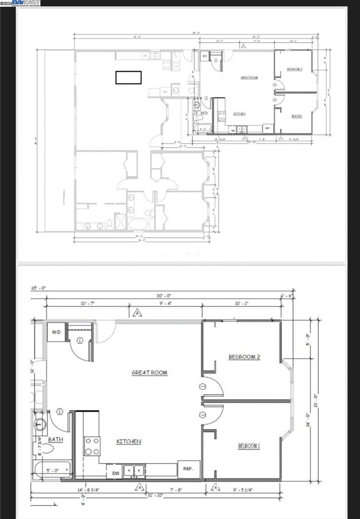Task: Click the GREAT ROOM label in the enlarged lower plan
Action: tap(150, 373)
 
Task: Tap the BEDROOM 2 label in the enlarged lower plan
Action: tap(244, 357)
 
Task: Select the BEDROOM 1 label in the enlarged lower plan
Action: tap(249, 446)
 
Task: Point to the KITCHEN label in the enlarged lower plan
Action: tap(129, 441)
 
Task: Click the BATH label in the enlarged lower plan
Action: tap(56, 439)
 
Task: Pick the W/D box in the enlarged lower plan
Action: tap(55, 333)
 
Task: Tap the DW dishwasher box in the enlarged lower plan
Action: tap(115, 473)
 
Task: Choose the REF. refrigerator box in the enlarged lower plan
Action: tap(189, 469)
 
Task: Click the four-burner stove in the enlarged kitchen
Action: tap(92, 446)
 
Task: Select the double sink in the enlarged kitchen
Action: tap(134, 471)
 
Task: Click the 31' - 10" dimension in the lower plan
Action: tap(155, 495)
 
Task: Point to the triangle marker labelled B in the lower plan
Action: tap(137, 313)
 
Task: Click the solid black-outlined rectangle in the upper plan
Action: tap(128, 77)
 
